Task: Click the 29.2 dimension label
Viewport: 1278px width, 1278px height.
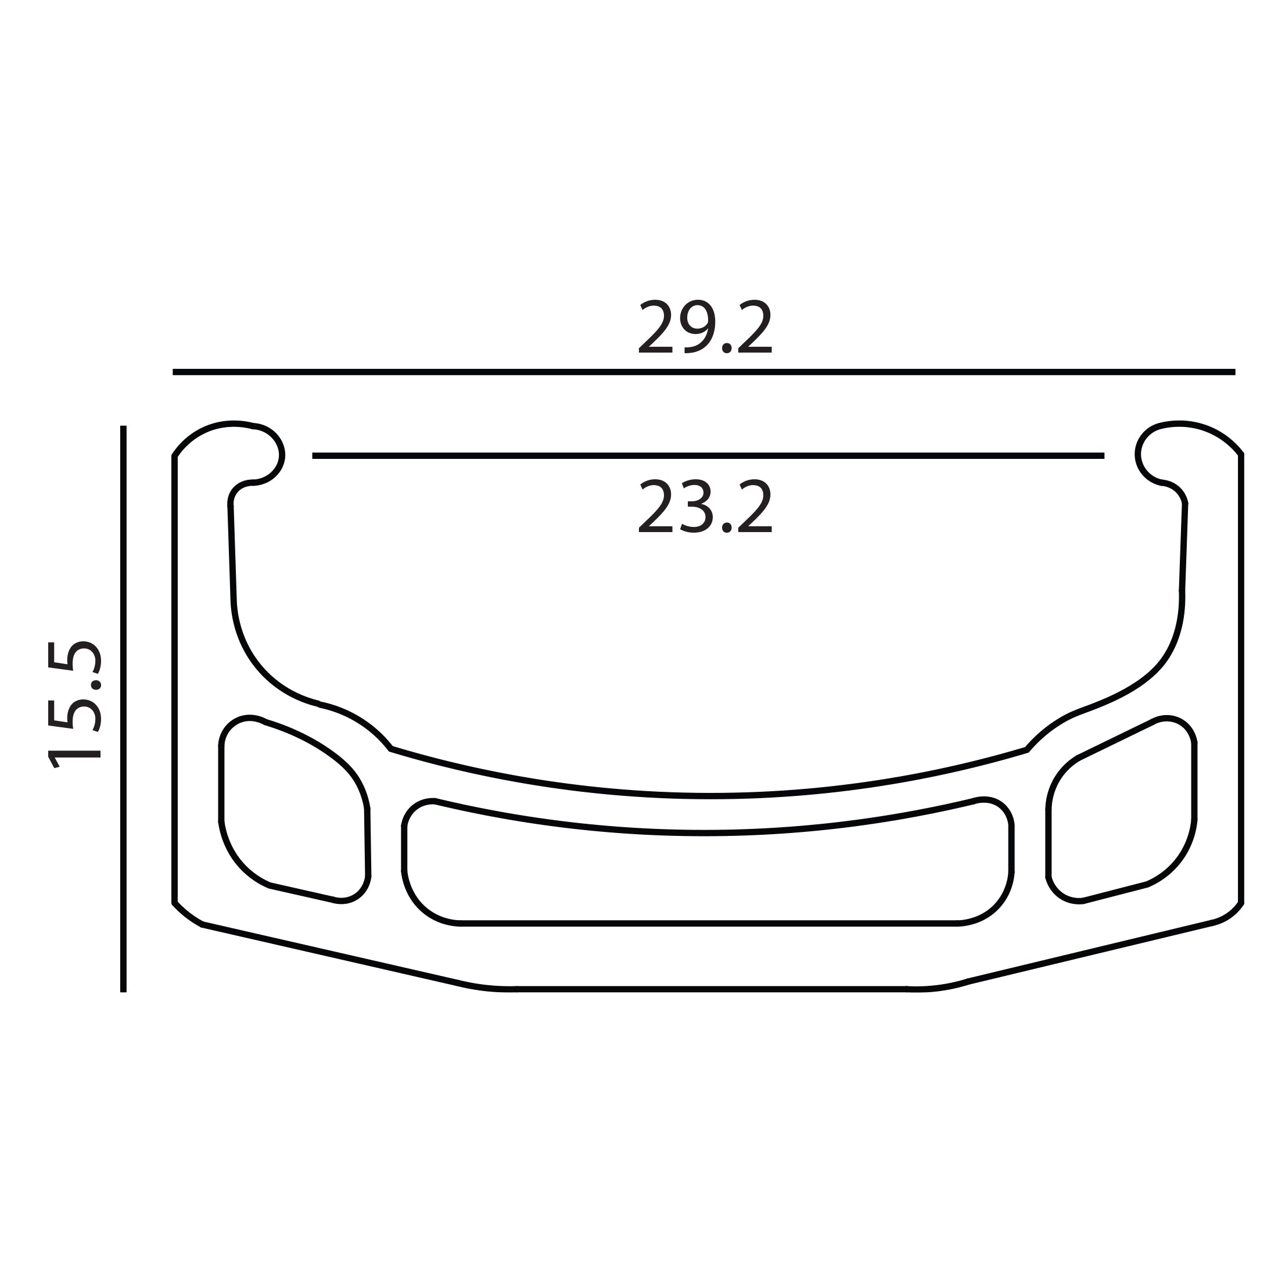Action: coord(705,328)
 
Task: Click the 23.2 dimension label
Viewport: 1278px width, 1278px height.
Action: coord(705,506)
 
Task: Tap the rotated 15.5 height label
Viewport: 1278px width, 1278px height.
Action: coord(74,705)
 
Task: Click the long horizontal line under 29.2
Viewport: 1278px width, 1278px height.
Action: coord(704,372)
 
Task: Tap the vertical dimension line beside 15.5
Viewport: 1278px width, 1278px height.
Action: coord(123,708)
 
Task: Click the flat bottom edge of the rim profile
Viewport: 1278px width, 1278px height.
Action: coord(711,989)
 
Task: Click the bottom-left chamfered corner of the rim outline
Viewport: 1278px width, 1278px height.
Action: coord(189,916)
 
